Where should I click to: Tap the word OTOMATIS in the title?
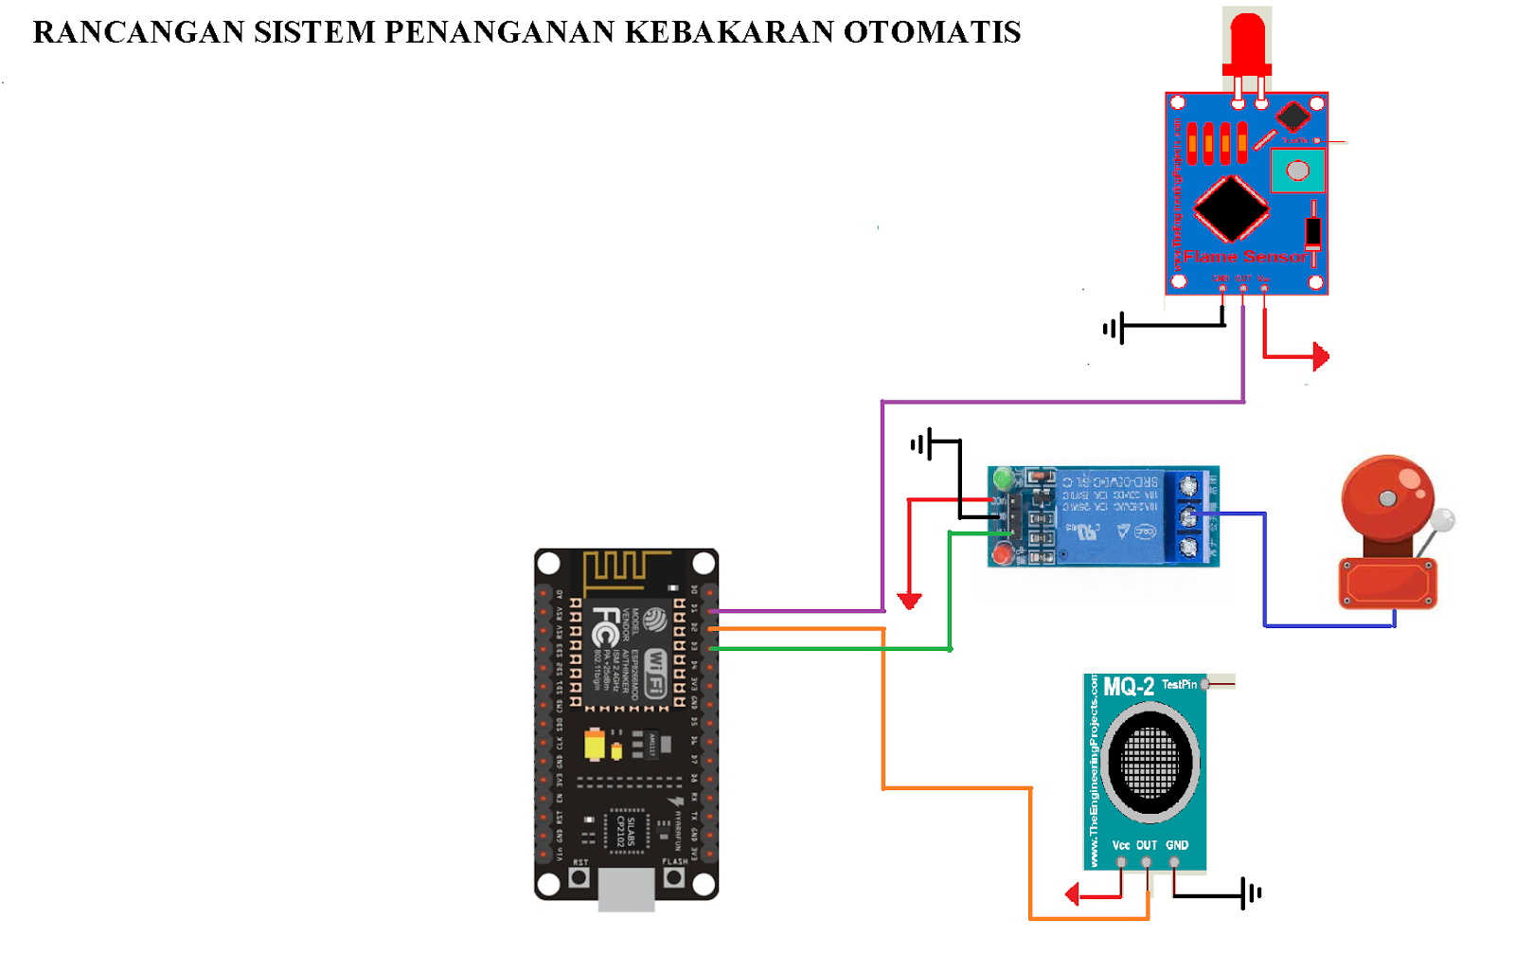click(x=932, y=32)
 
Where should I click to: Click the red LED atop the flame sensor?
click(x=1247, y=43)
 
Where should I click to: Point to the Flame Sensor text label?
click(x=1244, y=257)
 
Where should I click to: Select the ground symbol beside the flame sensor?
click(x=1114, y=329)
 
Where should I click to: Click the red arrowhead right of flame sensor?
click(x=1322, y=357)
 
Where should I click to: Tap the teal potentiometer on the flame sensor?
click(x=1297, y=171)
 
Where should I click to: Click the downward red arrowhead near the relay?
click(x=910, y=601)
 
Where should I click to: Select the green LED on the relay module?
click(x=1003, y=479)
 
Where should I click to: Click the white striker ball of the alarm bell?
click(x=1443, y=519)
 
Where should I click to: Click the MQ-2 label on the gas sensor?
click(x=1129, y=687)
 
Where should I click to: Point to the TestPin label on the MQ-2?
click(x=1180, y=684)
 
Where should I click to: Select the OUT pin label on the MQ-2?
click(x=1147, y=845)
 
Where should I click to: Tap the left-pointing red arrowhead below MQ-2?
click(x=1072, y=893)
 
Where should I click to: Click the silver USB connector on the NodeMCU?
click(x=626, y=891)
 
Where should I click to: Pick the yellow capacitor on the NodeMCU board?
click(x=594, y=745)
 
